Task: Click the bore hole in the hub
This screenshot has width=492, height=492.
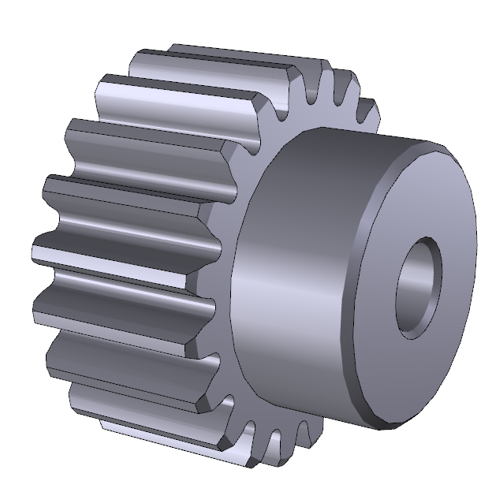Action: pyautogui.click(x=418, y=288)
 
